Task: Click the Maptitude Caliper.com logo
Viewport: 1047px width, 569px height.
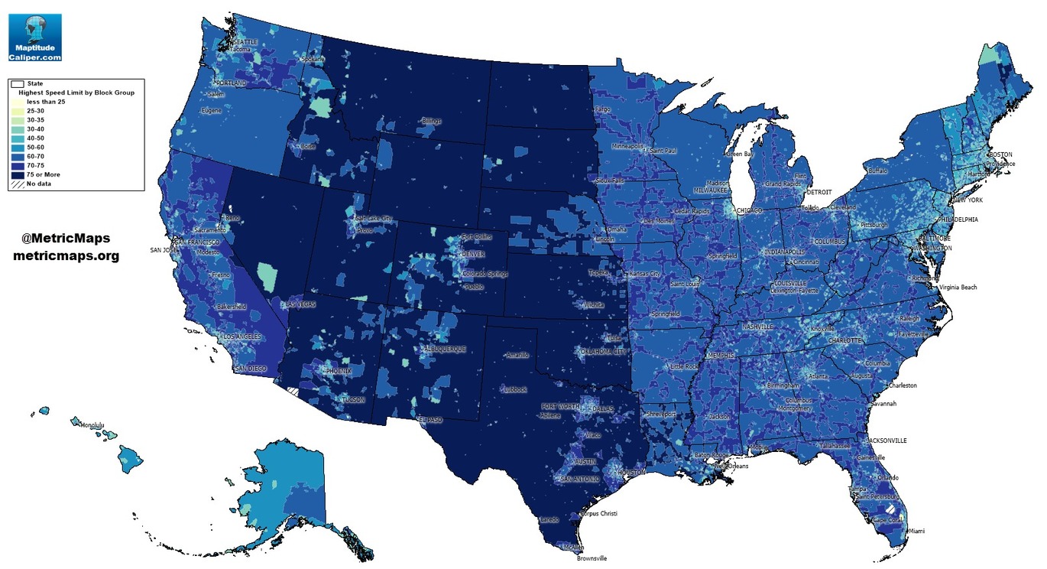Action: point(34,37)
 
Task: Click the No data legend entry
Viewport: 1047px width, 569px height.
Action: point(38,184)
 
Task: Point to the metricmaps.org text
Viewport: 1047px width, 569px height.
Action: point(66,256)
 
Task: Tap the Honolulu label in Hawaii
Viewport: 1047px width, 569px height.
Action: point(92,426)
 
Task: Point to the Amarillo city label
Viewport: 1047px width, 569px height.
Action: point(517,355)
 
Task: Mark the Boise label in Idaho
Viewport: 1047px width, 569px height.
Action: point(308,146)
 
